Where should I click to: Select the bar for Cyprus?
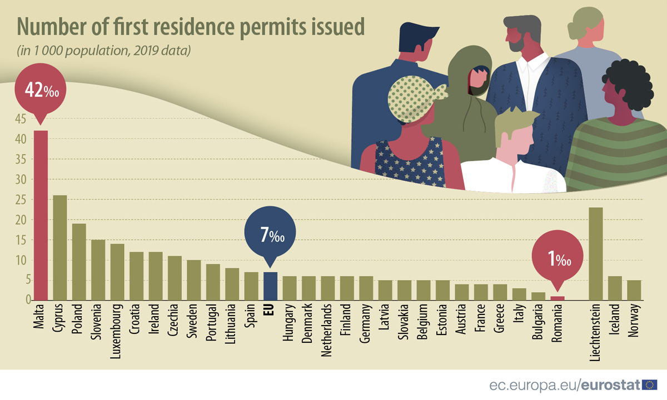click(59, 248)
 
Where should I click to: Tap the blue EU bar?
click(270, 286)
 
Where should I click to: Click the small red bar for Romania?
click(558, 298)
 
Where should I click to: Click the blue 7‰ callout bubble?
click(271, 236)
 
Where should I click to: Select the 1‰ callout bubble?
click(558, 259)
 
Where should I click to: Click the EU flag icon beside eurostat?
click(649, 384)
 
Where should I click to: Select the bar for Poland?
click(79, 262)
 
